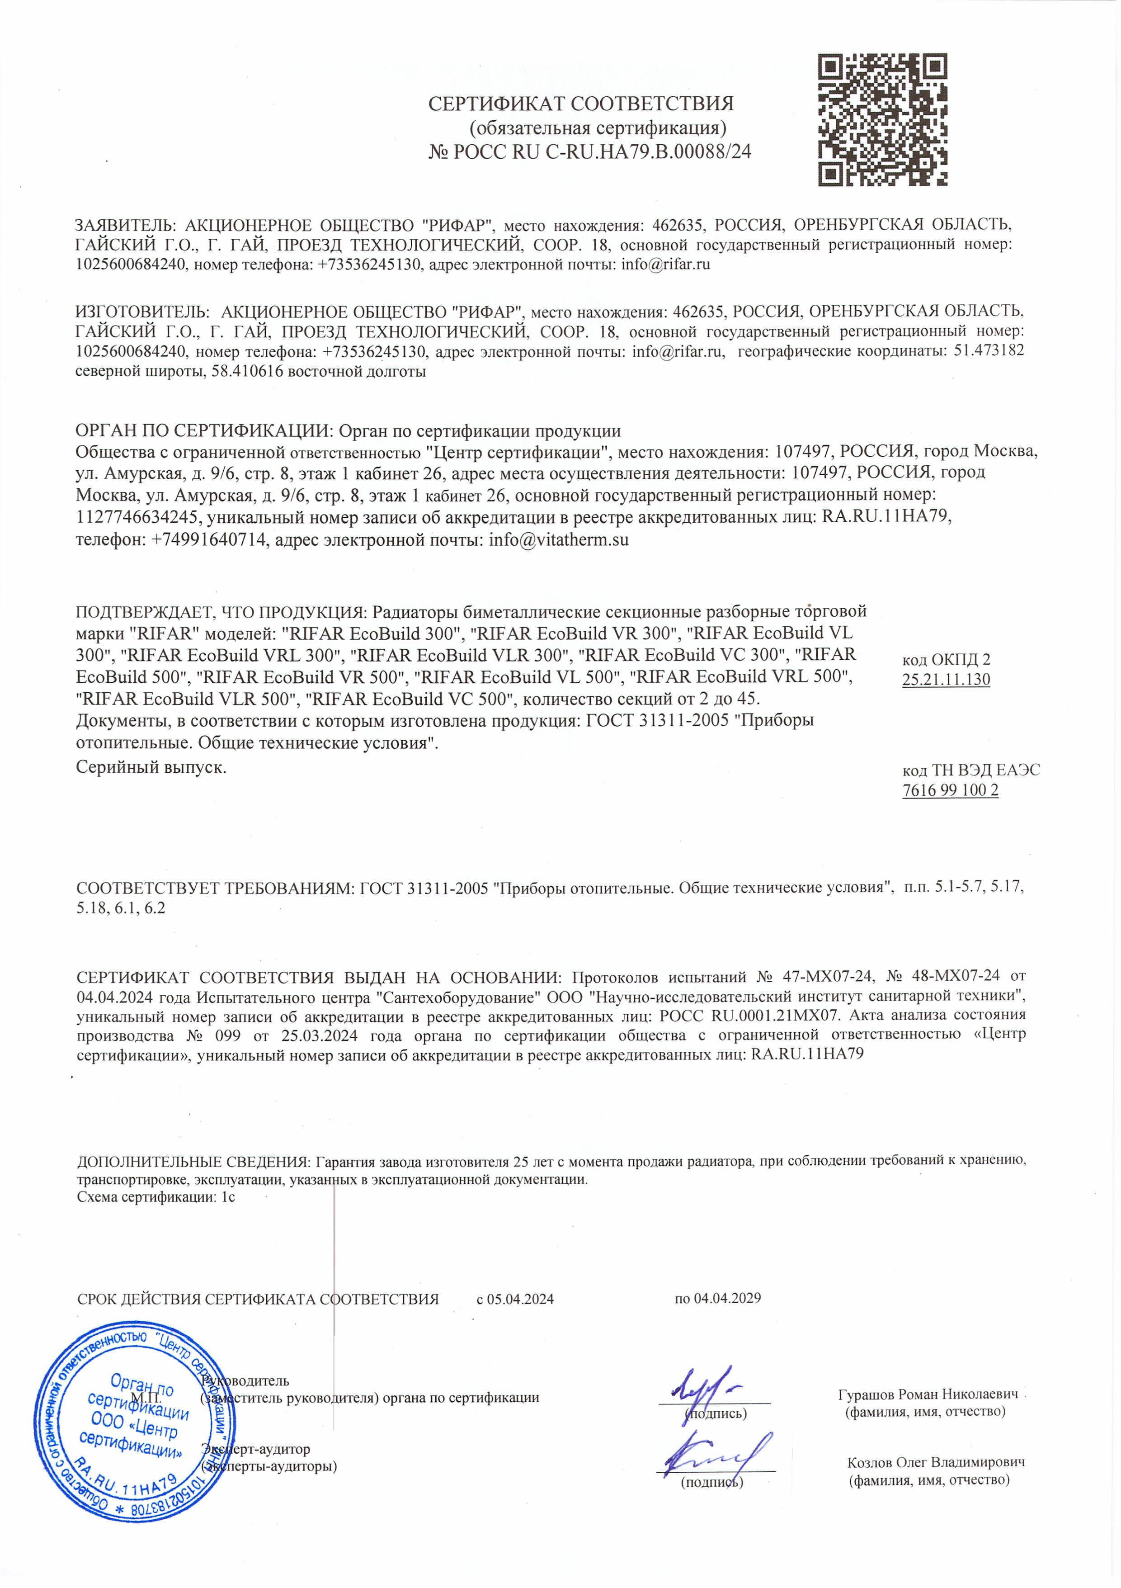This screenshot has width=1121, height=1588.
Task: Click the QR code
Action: point(882,120)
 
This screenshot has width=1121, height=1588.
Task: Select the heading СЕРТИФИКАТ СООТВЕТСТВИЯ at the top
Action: point(580,104)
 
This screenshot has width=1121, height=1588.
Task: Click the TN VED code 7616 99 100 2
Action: point(950,790)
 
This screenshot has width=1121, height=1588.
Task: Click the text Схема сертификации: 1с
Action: point(156,1197)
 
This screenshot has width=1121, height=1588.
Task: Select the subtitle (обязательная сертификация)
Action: point(598,128)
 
